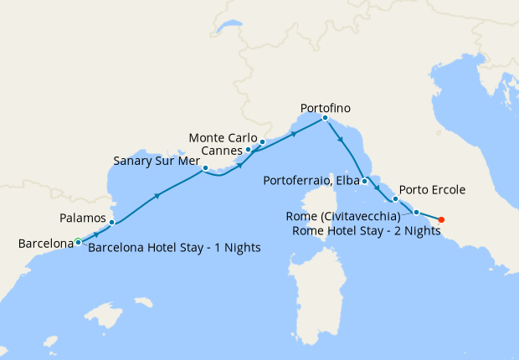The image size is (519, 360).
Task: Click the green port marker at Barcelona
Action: click(x=78, y=242)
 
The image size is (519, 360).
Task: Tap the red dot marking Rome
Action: click(x=441, y=220)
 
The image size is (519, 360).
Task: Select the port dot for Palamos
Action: click(x=111, y=222)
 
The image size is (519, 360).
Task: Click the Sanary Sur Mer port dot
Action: click(x=205, y=168)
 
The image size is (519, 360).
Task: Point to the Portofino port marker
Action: click(x=325, y=118)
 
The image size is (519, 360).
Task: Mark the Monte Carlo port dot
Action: click(x=262, y=141)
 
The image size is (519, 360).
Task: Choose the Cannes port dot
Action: click(x=248, y=150)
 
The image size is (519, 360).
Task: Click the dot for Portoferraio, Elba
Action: click(x=364, y=181)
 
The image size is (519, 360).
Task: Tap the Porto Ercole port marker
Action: click(x=395, y=199)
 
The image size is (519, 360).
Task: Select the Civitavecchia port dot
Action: click(x=416, y=213)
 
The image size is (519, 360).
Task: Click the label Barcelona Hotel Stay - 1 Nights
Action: click(x=174, y=248)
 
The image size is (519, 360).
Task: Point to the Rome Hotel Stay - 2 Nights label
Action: click(x=366, y=231)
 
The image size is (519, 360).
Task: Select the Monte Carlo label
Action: click(x=223, y=137)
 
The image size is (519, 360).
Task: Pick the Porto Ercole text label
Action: click(x=432, y=190)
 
